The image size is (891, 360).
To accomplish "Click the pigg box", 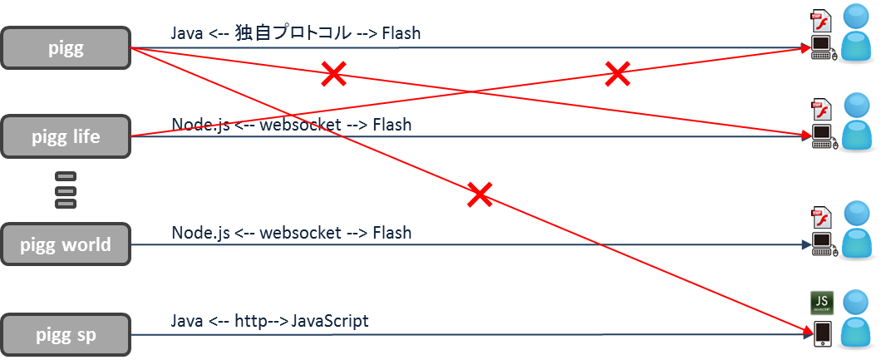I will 66,48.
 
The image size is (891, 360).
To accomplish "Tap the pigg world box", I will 66,244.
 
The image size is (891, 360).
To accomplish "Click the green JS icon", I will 822,303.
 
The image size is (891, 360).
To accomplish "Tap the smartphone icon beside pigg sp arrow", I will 823,333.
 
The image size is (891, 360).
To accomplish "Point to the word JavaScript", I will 330,321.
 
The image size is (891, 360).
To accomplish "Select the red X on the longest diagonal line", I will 480,195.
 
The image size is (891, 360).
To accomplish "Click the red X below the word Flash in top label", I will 617,73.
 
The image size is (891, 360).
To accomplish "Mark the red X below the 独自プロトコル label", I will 333,74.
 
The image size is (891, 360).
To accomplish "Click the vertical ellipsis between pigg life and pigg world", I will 65,190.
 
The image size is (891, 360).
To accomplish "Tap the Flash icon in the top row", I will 821,19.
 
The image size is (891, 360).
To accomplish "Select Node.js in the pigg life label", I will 200,125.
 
